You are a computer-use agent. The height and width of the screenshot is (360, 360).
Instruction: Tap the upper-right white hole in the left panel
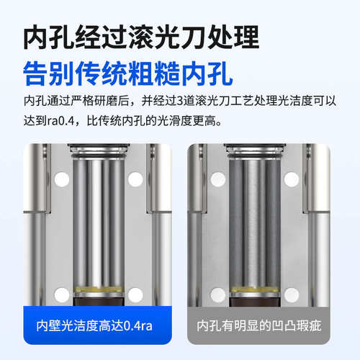[x=135, y=179]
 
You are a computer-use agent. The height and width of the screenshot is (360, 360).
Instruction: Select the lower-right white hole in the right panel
[x=290, y=294]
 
